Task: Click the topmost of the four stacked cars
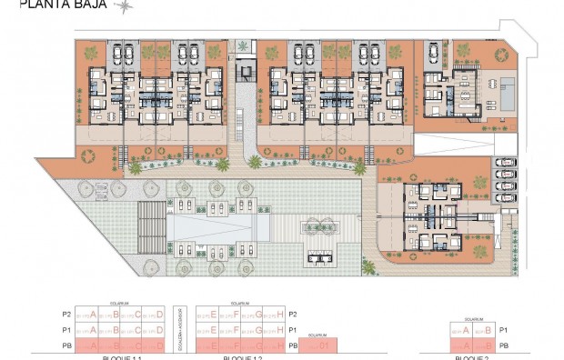coord(504,163)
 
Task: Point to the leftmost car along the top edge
coord(125,55)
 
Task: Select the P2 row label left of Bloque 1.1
coord(64,315)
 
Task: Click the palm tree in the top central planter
coord(242,45)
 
